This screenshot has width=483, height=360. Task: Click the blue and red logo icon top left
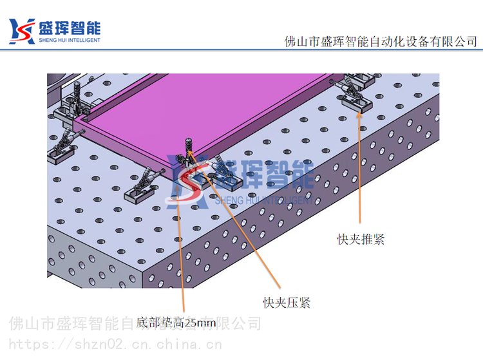[x=21, y=31]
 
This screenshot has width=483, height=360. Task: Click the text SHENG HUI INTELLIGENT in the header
[x=70, y=40]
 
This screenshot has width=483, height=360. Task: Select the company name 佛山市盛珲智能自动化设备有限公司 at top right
[x=381, y=42]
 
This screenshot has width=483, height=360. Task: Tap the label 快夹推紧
[x=361, y=239]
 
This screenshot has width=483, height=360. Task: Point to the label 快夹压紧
[x=287, y=303]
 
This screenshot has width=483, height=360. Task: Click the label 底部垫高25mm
[x=176, y=323]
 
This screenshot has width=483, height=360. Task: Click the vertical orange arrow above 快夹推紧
[x=359, y=167]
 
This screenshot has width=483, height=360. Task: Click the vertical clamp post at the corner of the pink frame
[x=189, y=147]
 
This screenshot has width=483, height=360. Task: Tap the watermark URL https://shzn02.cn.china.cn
[x=115, y=345]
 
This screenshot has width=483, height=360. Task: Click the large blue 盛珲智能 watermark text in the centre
[x=264, y=175]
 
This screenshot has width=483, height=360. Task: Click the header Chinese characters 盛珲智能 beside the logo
[x=70, y=28]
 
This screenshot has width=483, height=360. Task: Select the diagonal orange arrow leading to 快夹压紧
[x=234, y=219]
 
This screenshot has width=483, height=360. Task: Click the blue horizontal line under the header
[x=241, y=50]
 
